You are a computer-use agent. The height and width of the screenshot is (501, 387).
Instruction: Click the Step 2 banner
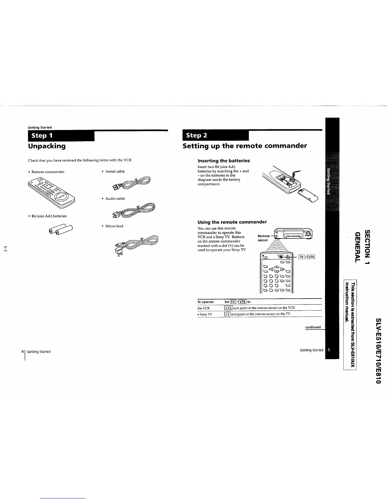click(x=215, y=136)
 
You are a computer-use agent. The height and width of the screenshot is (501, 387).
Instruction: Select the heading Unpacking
click(x=47, y=146)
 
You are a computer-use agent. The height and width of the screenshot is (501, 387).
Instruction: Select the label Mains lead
click(x=114, y=226)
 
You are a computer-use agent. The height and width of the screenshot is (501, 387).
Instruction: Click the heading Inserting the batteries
click(x=224, y=161)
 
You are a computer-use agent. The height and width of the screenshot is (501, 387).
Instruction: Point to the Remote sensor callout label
click(x=264, y=238)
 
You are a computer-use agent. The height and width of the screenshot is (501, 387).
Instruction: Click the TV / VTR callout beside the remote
click(x=306, y=257)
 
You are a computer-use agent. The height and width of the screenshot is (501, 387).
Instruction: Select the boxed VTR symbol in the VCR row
click(x=228, y=308)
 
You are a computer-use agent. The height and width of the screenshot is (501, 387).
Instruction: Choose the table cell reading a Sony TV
click(x=205, y=314)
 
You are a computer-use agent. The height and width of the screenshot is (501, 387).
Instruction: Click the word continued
click(x=313, y=327)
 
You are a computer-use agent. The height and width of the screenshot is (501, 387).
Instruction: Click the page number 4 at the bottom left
click(x=22, y=351)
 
